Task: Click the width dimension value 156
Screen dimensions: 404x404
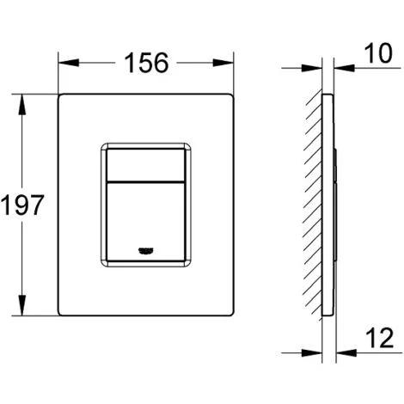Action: tap(145, 63)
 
